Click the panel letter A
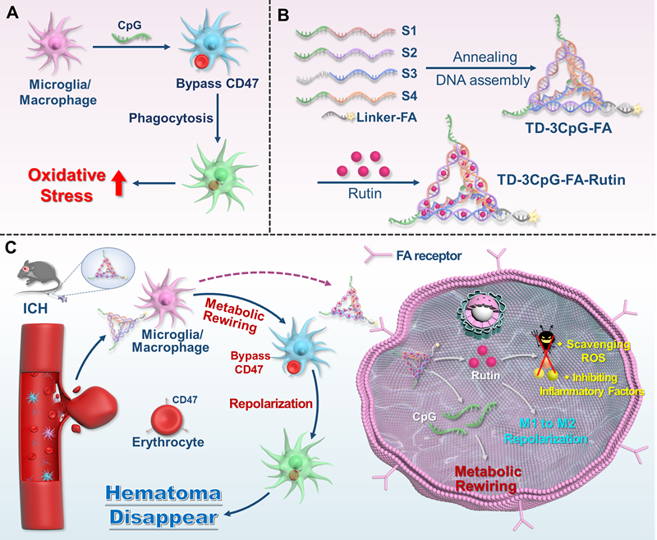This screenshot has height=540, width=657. click(x=15, y=15)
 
